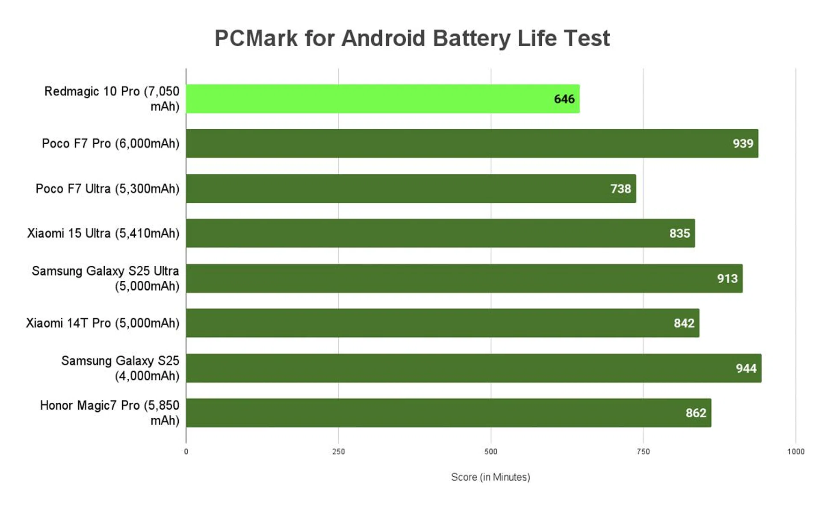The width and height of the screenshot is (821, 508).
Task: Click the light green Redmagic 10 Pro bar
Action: [x=383, y=99]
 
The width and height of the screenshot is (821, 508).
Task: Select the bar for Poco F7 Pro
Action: [x=472, y=143]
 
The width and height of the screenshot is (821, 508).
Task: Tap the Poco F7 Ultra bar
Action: [x=410, y=188]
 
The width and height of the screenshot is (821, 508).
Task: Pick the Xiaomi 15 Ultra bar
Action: [x=440, y=233]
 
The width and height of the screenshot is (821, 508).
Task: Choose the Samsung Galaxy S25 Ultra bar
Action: [x=464, y=278]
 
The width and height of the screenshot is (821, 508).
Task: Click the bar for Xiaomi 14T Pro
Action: [x=443, y=323]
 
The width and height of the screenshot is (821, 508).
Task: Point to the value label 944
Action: [x=746, y=368]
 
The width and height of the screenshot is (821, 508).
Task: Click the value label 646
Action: [x=564, y=99]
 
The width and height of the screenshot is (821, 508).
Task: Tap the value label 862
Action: [x=696, y=413]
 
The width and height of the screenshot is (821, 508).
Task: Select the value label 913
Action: [x=727, y=279]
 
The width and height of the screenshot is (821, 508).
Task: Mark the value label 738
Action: [x=620, y=189]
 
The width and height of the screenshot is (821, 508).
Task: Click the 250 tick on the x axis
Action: [x=338, y=452]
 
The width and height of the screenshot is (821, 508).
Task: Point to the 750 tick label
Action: [x=643, y=452]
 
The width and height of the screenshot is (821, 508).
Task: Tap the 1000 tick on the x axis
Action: [x=795, y=452]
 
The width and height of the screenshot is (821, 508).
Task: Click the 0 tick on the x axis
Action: [x=186, y=452]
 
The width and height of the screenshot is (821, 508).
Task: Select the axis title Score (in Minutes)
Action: [x=490, y=477]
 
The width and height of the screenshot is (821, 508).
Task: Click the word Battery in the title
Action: [x=471, y=39]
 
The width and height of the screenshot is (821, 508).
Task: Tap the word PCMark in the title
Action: [x=256, y=39]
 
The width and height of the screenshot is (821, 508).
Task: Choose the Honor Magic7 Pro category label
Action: [x=109, y=413]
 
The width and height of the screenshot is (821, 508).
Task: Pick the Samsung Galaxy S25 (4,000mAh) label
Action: [x=120, y=368]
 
